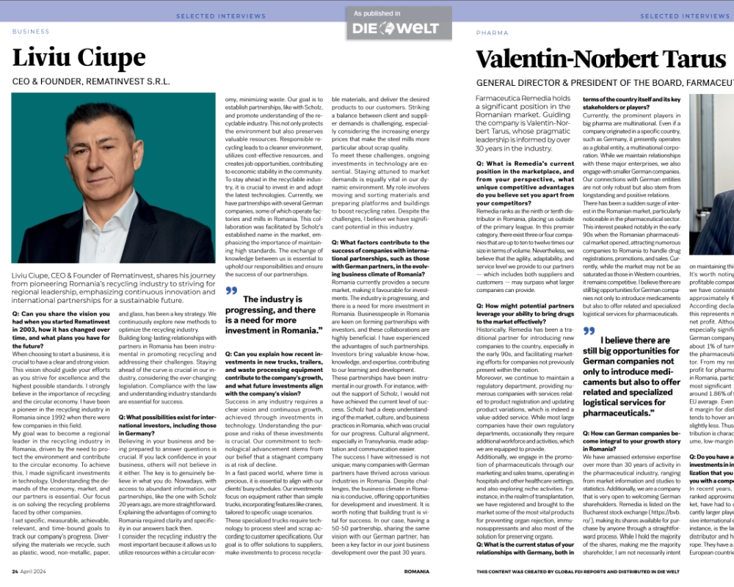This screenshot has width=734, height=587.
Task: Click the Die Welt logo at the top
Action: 395,29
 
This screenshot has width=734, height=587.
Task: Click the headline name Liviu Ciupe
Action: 79,58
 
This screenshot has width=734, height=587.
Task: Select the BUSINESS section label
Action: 31,32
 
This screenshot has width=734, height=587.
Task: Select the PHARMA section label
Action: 492,33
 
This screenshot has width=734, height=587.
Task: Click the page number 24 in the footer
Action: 15,570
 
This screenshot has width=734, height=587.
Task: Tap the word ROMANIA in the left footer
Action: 416,570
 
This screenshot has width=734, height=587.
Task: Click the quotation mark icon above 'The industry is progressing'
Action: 232,291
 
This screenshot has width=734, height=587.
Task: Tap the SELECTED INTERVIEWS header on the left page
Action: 221,15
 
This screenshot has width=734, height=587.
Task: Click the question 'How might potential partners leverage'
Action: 523,313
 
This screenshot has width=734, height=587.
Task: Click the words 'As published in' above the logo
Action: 377,13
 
